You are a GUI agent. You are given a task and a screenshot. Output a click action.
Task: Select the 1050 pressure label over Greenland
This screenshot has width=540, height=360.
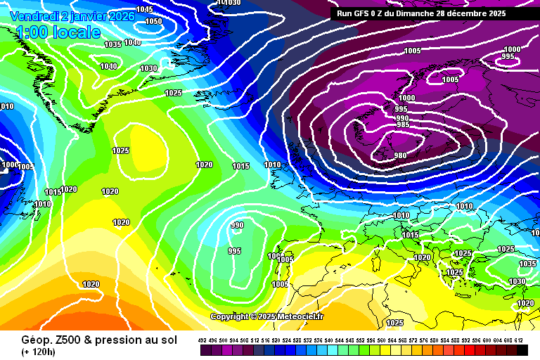tap(153, 21)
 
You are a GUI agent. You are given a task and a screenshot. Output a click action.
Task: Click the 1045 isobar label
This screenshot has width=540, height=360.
tap(144, 9)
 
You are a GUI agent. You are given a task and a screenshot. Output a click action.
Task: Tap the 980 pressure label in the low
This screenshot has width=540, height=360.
tap(400, 155)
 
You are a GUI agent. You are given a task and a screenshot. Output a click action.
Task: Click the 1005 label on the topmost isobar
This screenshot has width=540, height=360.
tap(413, 51)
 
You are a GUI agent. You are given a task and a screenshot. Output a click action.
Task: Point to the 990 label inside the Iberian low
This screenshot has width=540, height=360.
tap(238, 225)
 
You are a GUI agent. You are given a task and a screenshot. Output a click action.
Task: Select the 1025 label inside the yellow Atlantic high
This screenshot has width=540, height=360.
tap(121, 150)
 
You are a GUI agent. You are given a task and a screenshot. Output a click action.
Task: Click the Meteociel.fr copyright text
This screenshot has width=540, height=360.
tap(266, 316)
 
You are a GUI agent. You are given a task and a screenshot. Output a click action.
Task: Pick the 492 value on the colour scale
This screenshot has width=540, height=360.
tap(202, 340)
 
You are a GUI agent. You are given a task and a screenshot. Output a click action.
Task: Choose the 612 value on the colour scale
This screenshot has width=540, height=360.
tap(519, 340)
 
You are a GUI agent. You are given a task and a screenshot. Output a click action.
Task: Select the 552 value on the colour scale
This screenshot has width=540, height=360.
tap(361, 340)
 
